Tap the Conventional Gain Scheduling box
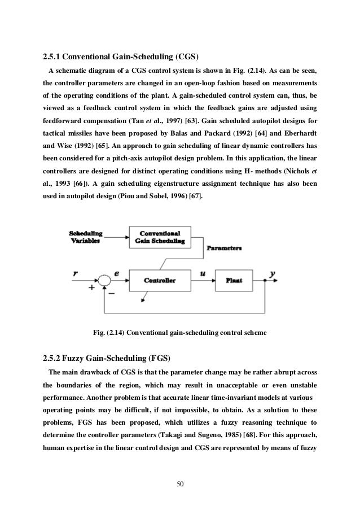point(160,236)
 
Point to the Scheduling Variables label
point(85,236)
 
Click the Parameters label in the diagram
point(224,248)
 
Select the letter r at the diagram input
point(74,273)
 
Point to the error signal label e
point(117,273)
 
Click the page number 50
point(179,483)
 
